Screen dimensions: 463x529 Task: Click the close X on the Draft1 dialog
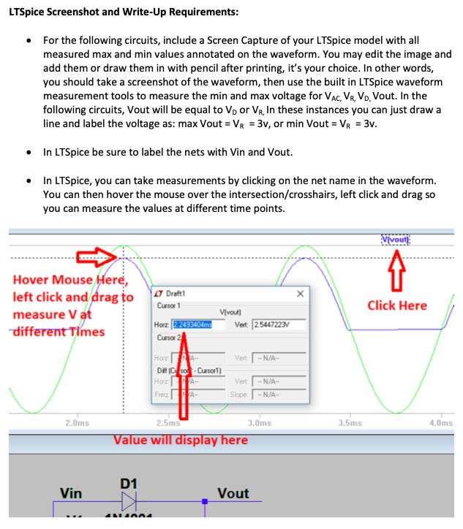[x=301, y=293]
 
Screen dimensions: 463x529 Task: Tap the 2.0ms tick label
[x=77, y=423]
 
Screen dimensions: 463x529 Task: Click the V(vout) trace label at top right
[x=396, y=240]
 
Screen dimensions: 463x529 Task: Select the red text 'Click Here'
[x=396, y=305]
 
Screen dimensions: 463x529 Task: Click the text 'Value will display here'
[x=180, y=440]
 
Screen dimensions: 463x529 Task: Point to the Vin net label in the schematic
[x=71, y=494]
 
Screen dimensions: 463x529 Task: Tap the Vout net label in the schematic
[x=233, y=494]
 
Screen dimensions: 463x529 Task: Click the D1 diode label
[x=129, y=484]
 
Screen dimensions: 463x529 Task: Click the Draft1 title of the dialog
[x=178, y=294]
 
